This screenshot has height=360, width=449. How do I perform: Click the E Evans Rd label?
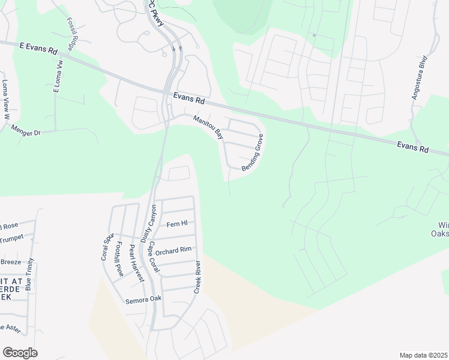coord(37,46)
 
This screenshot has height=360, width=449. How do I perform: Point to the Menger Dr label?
coord(26,131)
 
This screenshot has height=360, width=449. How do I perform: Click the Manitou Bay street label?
coord(208,127)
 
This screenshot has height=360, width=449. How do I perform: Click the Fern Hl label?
coord(177,224)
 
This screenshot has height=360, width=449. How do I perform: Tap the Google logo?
coord(20,353)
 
